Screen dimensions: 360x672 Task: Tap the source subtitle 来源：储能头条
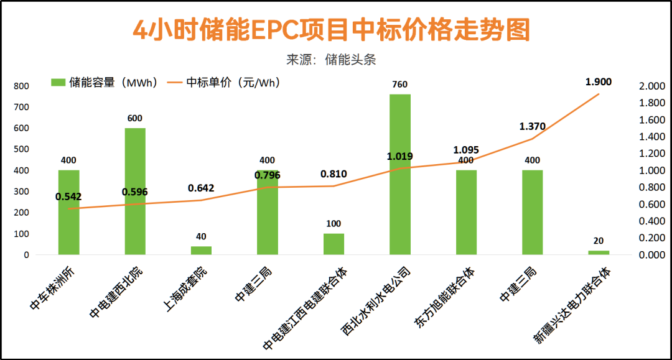(331, 60)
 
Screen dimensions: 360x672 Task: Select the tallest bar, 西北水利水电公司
(400, 174)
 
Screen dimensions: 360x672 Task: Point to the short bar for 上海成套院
(201, 251)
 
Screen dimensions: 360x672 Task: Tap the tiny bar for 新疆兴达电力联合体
(599, 252)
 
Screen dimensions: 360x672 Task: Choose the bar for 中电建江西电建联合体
(334, 244)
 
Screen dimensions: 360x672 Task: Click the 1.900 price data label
(599, 81)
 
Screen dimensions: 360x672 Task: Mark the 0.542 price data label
(68, 196)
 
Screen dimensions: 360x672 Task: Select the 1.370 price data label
(533, 126)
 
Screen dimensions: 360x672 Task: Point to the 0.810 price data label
(334, 174)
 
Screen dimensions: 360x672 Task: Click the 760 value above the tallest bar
(400, 84)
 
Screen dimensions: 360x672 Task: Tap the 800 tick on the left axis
(21, 86)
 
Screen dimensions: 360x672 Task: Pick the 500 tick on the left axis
(21, 149)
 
